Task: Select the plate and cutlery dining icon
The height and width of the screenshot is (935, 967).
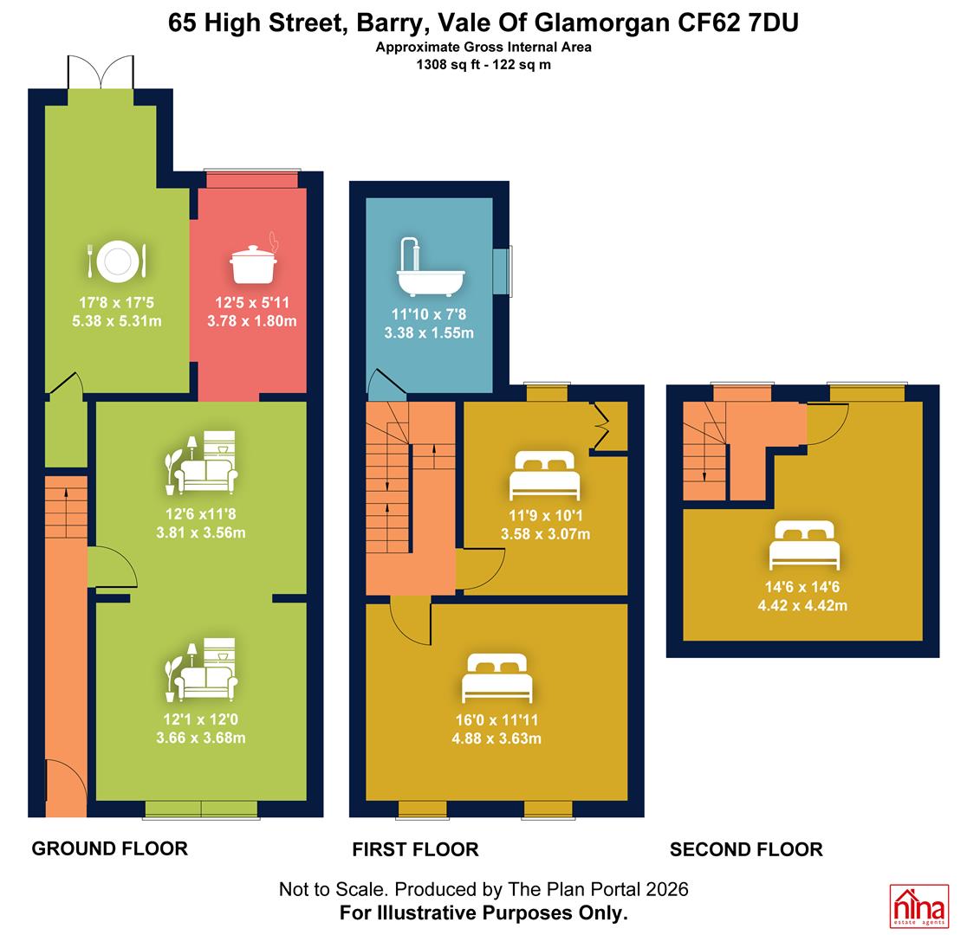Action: (117, 261)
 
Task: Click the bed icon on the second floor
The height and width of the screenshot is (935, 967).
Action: (804, 545)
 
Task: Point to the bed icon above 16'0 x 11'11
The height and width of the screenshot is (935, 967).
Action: (497, 678)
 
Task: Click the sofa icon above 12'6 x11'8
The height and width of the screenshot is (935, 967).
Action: (201, 463)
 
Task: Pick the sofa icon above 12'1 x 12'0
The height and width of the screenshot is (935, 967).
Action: (201, 670)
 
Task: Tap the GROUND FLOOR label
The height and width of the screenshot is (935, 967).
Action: (110, 848)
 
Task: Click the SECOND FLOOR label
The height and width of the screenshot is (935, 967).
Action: (746, 849)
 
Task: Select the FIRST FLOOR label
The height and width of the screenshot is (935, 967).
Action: (416, 849)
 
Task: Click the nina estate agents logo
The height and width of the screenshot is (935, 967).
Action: (918, 906)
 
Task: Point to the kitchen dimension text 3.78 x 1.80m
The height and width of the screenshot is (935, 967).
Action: (251, 321)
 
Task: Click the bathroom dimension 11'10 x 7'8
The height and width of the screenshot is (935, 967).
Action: (429, 314)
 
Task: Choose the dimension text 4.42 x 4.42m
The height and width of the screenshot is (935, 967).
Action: (802, 605)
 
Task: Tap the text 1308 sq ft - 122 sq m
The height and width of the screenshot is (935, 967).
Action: (483, 65)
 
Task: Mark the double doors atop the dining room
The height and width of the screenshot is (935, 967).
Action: (101, 72)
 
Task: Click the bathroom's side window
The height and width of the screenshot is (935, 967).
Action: (503, 271)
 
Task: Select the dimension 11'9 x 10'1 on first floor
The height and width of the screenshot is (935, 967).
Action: (546, 516)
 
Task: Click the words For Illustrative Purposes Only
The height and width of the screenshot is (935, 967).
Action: (483, 912)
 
